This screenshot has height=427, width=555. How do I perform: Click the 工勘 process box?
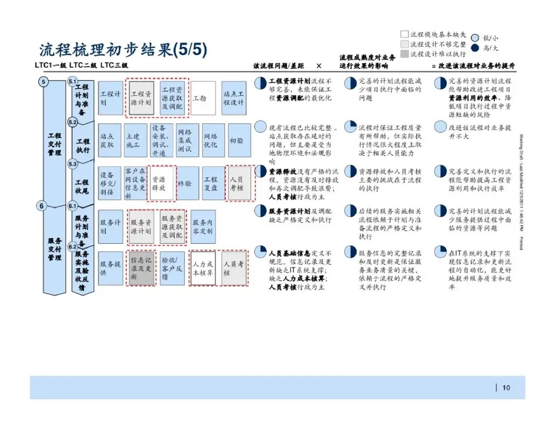[203, 98]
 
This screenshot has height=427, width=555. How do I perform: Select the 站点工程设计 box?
[234, 98]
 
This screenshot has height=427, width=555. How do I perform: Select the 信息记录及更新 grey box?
[141, 268]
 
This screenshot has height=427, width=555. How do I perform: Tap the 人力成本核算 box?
[203, 268]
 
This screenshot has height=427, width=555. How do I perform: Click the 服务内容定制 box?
[203, 226]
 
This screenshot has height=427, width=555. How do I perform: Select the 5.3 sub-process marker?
[72, 164]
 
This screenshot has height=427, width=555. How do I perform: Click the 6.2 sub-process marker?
[72, 247]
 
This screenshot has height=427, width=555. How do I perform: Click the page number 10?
[506, 388]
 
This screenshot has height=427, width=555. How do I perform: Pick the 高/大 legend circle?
[475, 48]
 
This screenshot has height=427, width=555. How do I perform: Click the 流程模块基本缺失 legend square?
[404, 34]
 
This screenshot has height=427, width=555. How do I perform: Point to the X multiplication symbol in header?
[319, 66]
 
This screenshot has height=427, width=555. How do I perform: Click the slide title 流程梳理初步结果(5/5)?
[123, 50]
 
